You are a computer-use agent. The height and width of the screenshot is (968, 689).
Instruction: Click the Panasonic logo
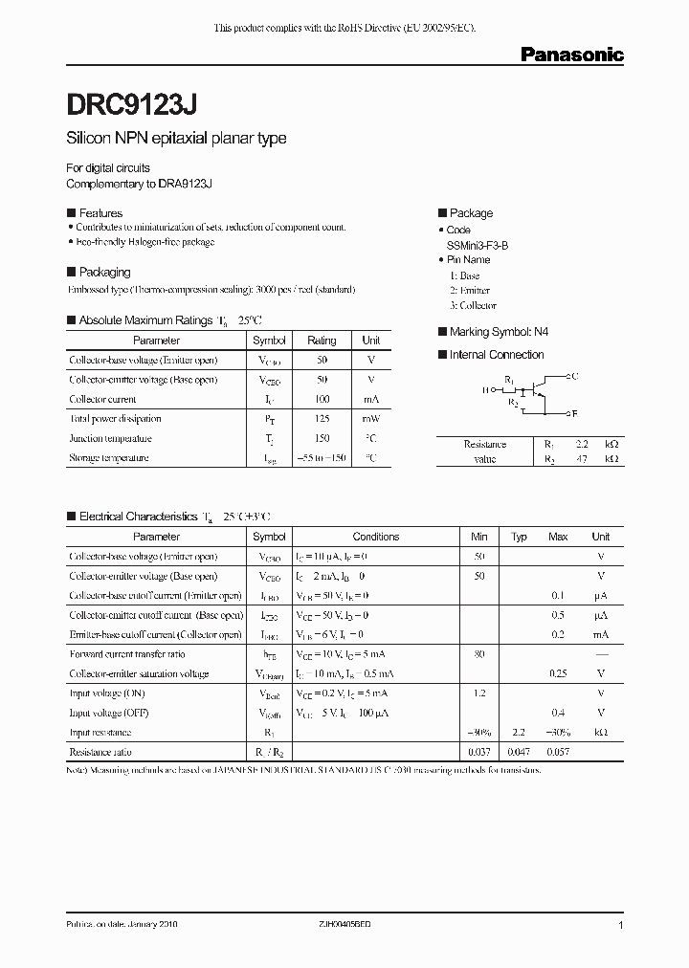571,55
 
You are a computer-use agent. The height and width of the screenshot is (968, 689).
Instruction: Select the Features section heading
100,213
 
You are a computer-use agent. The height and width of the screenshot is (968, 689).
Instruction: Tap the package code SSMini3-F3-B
478,245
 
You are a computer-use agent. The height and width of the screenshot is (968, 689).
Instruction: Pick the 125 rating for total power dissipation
322,419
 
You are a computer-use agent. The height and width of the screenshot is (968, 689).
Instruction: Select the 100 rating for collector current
322,400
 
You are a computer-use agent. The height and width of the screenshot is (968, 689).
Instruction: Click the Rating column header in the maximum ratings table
322,341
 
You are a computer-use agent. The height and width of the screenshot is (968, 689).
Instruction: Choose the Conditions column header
376,537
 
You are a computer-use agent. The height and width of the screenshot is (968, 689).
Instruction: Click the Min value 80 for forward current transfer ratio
479,654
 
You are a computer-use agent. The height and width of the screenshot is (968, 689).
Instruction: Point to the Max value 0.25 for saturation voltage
558,674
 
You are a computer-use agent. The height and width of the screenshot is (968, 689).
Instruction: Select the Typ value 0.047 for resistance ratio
519,753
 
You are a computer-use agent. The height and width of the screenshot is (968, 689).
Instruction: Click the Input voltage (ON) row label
108,693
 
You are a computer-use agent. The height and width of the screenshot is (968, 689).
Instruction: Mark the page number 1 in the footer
621,926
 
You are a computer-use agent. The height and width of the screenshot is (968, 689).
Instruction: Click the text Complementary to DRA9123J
139,183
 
